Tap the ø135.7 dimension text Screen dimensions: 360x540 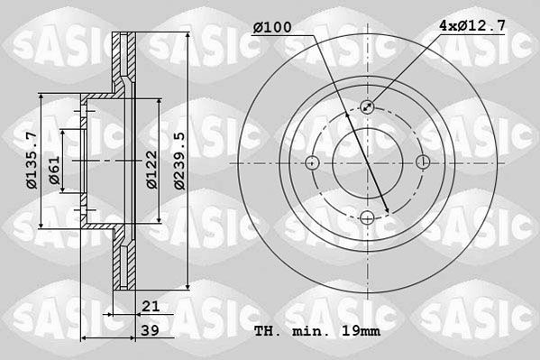[31, 161]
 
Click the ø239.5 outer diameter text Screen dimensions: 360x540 [179, 161]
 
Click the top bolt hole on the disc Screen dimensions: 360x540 [367, 106]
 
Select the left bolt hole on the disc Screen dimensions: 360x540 [312, 162]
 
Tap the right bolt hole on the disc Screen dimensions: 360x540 [423, 162]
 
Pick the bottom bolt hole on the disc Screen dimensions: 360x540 [367, 217]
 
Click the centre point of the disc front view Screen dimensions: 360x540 [367, 162]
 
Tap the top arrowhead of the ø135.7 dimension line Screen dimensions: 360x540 [42, 100]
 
